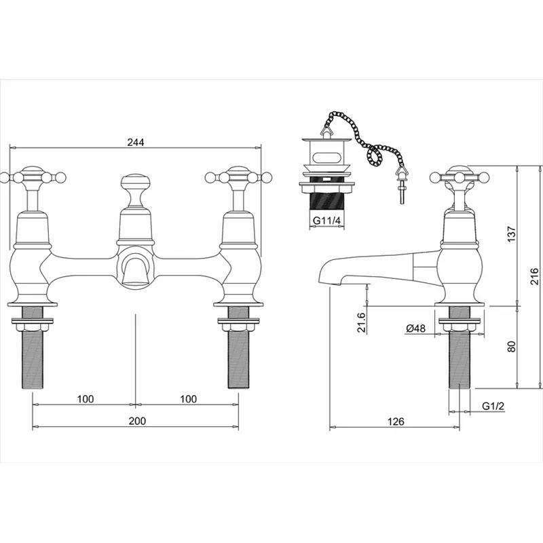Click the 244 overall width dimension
point(135,142)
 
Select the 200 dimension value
point(138,421)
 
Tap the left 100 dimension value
point(86,399)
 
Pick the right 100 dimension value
point(189,399)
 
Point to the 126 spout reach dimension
point(396,421)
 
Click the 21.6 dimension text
point(362,322)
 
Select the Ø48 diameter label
point(416,328)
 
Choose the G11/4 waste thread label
point(326,221)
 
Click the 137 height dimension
point(512,234)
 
